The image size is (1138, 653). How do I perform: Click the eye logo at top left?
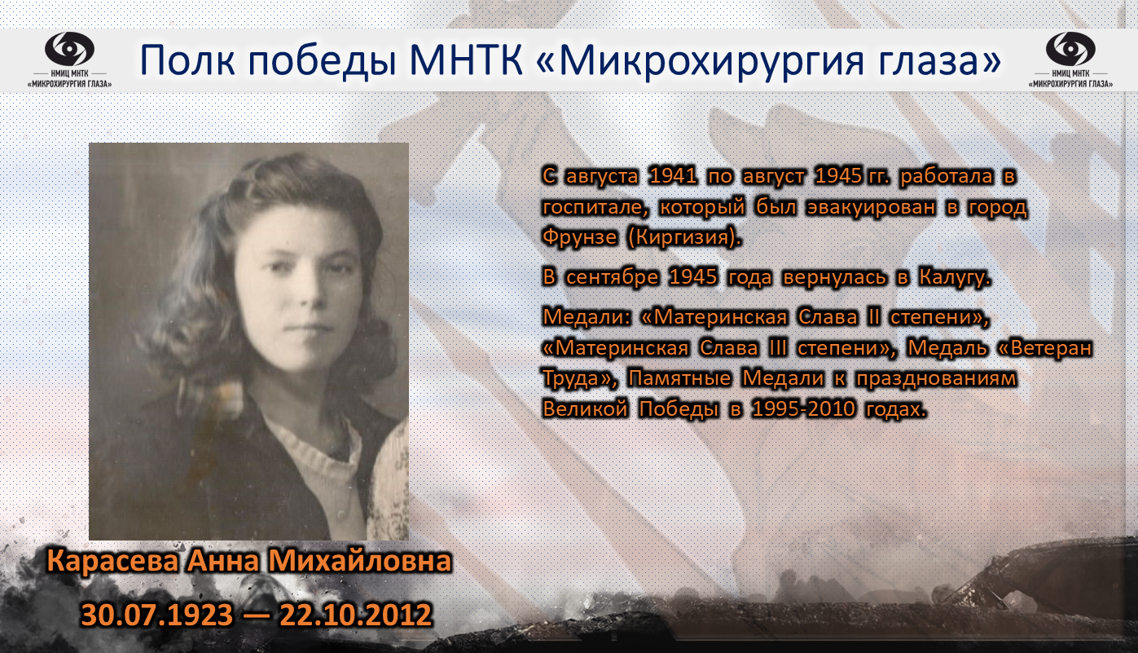pos(69,49)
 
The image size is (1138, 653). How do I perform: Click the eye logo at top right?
pos(1070,49)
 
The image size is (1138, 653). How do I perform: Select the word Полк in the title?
pos(187,61)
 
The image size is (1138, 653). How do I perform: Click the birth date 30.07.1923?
pos(156,615)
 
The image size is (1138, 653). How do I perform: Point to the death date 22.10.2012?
pos(356,615)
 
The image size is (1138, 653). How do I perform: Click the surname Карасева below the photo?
pos(112,561)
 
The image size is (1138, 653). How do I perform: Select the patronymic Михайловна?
pos(360,561)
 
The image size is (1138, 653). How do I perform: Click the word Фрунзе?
pos(579,237)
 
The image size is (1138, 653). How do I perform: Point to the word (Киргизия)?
pos(684,238)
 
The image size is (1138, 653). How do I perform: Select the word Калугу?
pos(955,278)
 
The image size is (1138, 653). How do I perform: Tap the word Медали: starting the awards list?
pos(587,318)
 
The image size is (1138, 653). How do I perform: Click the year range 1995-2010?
pos(803,409)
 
